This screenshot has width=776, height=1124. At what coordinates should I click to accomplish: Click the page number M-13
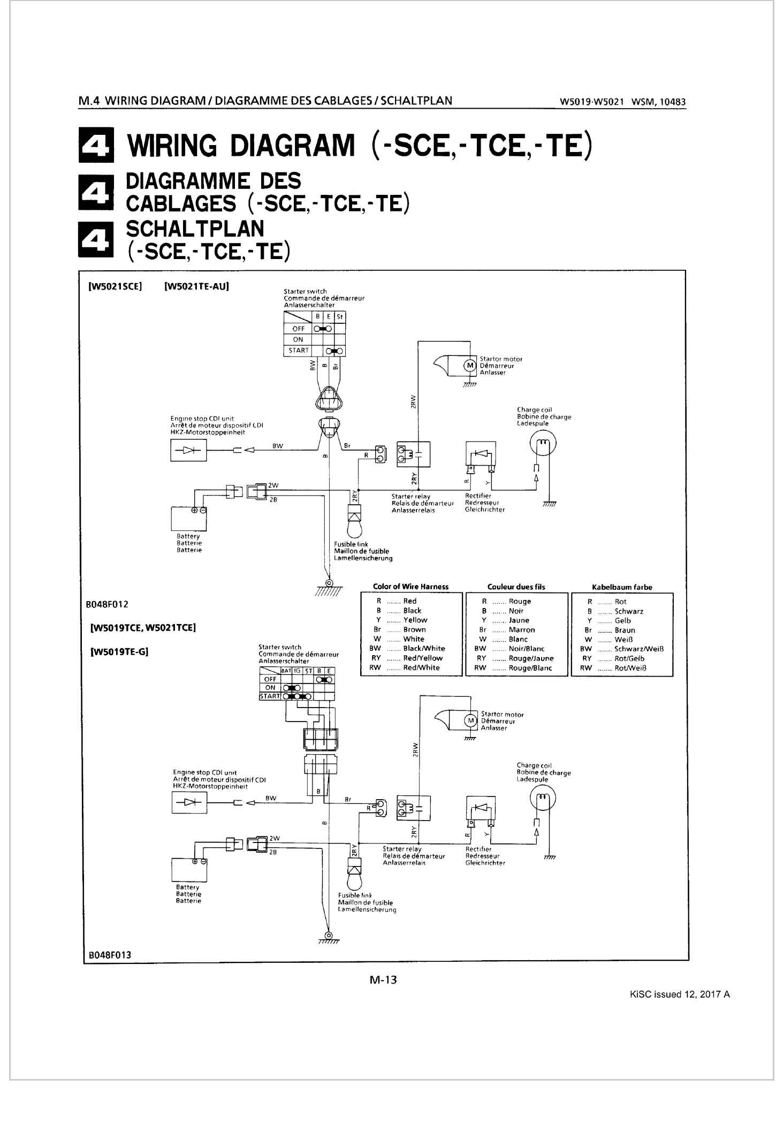(x=383, y=979)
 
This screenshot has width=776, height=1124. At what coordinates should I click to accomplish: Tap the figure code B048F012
(x=107, y=604)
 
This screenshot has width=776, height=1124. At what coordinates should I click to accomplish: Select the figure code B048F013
(x=110, y=955)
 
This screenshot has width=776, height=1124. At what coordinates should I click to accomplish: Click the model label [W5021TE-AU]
(x=196, y=286)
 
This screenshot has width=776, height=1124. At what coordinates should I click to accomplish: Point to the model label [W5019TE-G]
(x=119, y=651)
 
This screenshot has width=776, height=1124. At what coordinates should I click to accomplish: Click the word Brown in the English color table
(x=414, y=629)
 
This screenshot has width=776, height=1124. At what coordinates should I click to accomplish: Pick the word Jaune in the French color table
(x=519, y=620)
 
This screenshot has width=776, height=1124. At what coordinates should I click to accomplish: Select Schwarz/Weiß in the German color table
(x=639, y=649)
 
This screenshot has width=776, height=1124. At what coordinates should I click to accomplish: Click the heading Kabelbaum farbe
(x=622, y=587)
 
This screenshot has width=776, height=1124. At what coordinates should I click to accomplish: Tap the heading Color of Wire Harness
(x=410, y=587)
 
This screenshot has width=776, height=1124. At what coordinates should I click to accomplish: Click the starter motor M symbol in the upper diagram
(x=470, y=366)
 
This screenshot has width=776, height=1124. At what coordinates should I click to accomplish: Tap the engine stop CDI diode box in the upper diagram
(x=188, y=450)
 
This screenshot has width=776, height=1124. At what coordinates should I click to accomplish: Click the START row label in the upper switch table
(x=299, y=351)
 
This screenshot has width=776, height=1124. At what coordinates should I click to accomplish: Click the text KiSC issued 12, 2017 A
(x=680, y=994)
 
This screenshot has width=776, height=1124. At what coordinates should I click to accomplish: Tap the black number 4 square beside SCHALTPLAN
(x=96, y=238)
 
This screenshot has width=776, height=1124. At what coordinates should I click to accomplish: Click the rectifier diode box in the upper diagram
(x=481, y=453)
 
